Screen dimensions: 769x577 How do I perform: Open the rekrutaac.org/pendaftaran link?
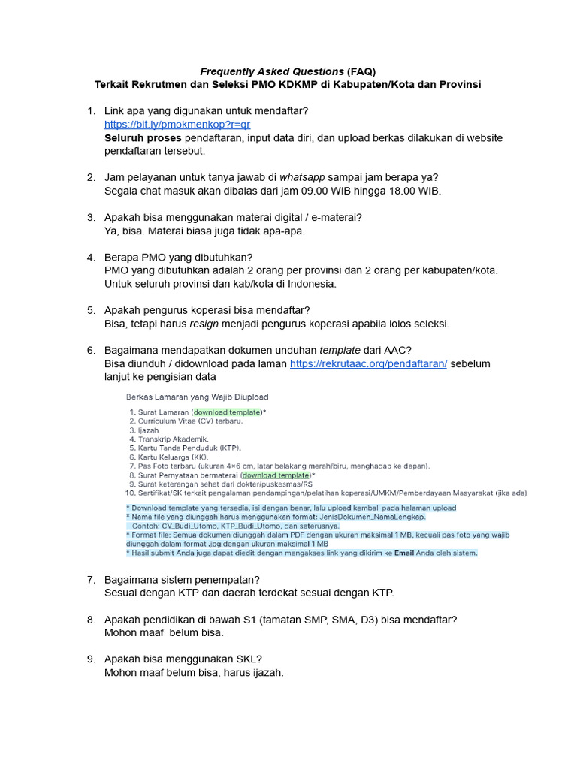(368, 363)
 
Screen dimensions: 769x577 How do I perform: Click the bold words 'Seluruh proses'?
(143, 138)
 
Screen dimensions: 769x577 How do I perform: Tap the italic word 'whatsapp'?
(302, 177)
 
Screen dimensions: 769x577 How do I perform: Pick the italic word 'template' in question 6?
(340, 350)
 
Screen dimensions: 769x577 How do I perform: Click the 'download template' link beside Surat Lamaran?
(227, 412)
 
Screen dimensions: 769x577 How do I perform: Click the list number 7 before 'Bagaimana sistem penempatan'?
(91, 580)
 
